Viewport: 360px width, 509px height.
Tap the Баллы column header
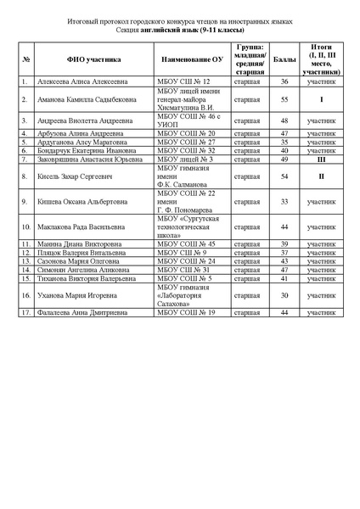click(284, 59)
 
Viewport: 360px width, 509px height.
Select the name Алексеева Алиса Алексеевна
click(78, 81)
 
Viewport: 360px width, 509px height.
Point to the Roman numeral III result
click(321, 159)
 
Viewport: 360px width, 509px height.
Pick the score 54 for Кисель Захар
click(284, 176)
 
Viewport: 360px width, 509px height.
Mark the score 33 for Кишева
click(284, 202)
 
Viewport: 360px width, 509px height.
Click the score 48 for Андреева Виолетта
click(284, 120)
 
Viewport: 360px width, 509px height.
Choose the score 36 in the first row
click(284, 81)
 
